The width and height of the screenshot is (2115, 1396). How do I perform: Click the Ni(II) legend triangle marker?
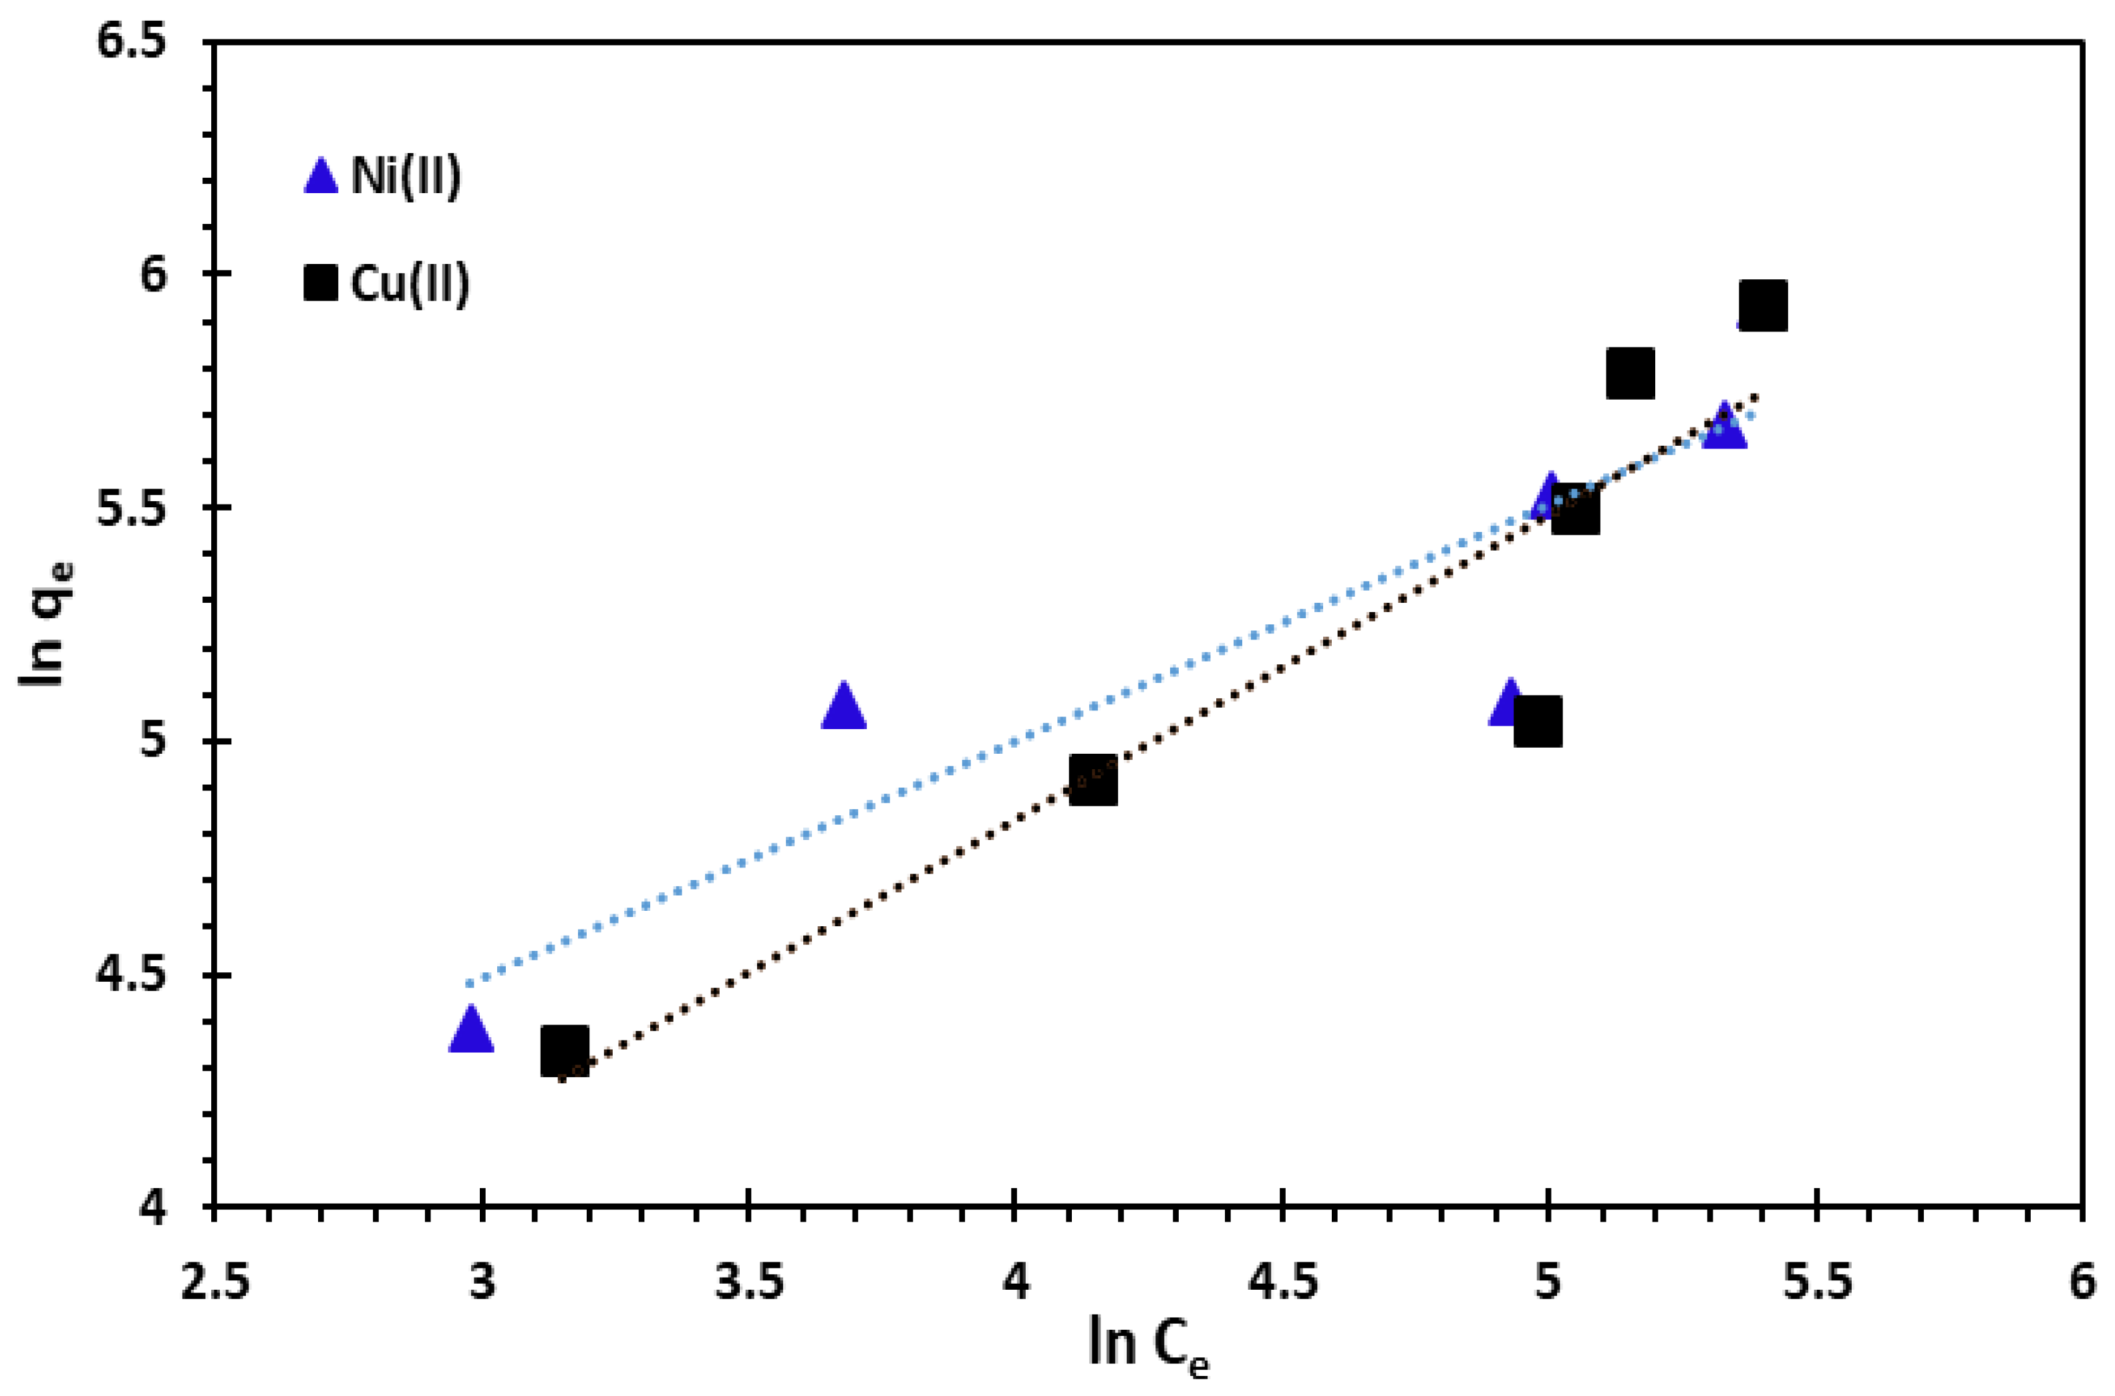pyautogui.click(x=321, y=178)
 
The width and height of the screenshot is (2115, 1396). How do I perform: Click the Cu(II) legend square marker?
pyautogui.click(x=321, y=284)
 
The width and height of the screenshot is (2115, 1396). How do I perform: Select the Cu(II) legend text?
pyautogui.click(x=410, y=284)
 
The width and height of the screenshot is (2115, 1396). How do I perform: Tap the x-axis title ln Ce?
pyautogui.click(x=1148, y=1343)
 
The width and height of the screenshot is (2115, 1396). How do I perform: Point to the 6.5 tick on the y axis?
pyautogui.click(x=143, y=42)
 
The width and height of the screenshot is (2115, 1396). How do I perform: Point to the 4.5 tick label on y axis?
pyautogui.click(x=143, y=975)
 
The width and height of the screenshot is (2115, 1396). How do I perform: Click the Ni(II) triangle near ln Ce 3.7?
pyautogui.click(x=844, y=708)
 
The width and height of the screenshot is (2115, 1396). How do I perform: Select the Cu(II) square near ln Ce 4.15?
pyautogui.click(x=1093, y=780)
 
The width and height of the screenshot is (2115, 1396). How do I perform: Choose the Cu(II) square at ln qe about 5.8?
pyautogui.click(x=1631, y=373)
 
